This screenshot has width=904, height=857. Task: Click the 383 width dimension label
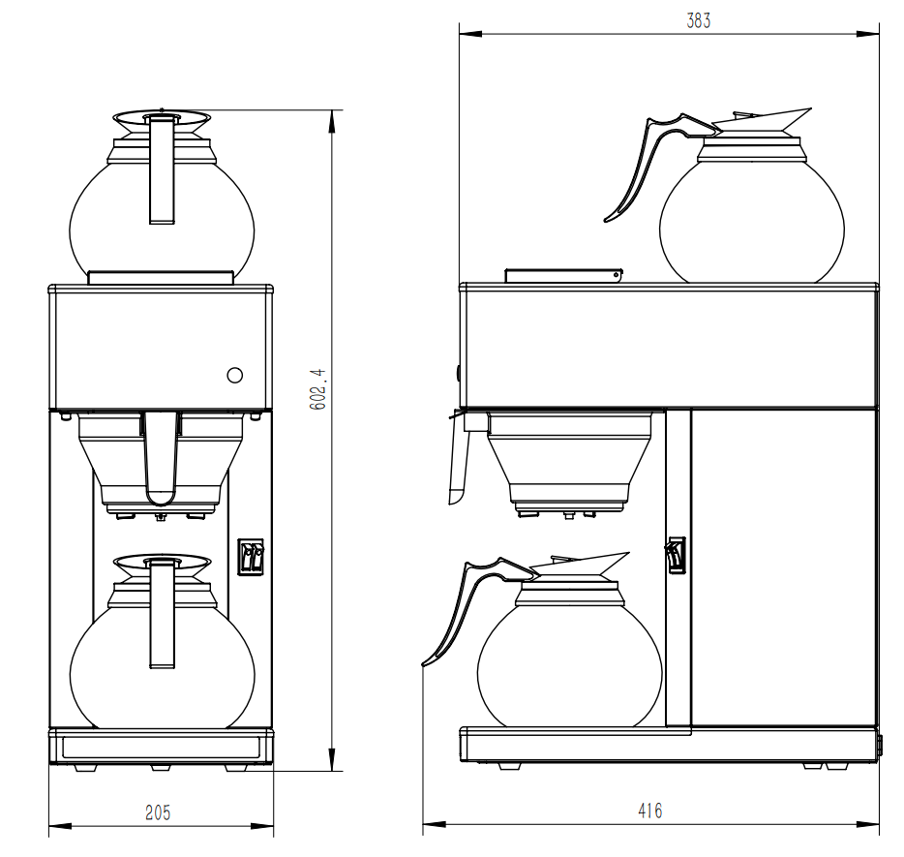(x=698, y=21)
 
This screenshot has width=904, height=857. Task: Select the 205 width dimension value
(x=158, y=812)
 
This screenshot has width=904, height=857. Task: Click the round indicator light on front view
(x=234, y=375)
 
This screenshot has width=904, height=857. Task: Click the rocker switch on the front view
(x=251, y=557)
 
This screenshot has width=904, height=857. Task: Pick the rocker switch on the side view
(x=675, y=557)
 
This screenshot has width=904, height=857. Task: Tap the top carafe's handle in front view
(x=162, y=169)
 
